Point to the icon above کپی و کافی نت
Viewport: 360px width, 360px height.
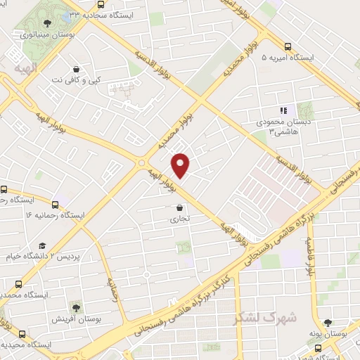[76, 70]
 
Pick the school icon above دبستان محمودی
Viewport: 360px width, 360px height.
[283, 110]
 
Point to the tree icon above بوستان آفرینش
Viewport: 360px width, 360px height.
[75, 308]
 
